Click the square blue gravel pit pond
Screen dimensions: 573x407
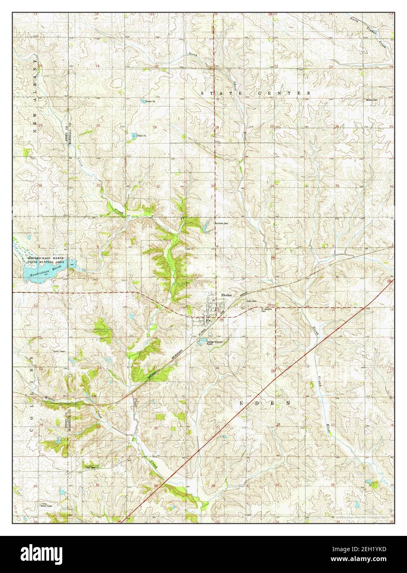click(134, 135)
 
